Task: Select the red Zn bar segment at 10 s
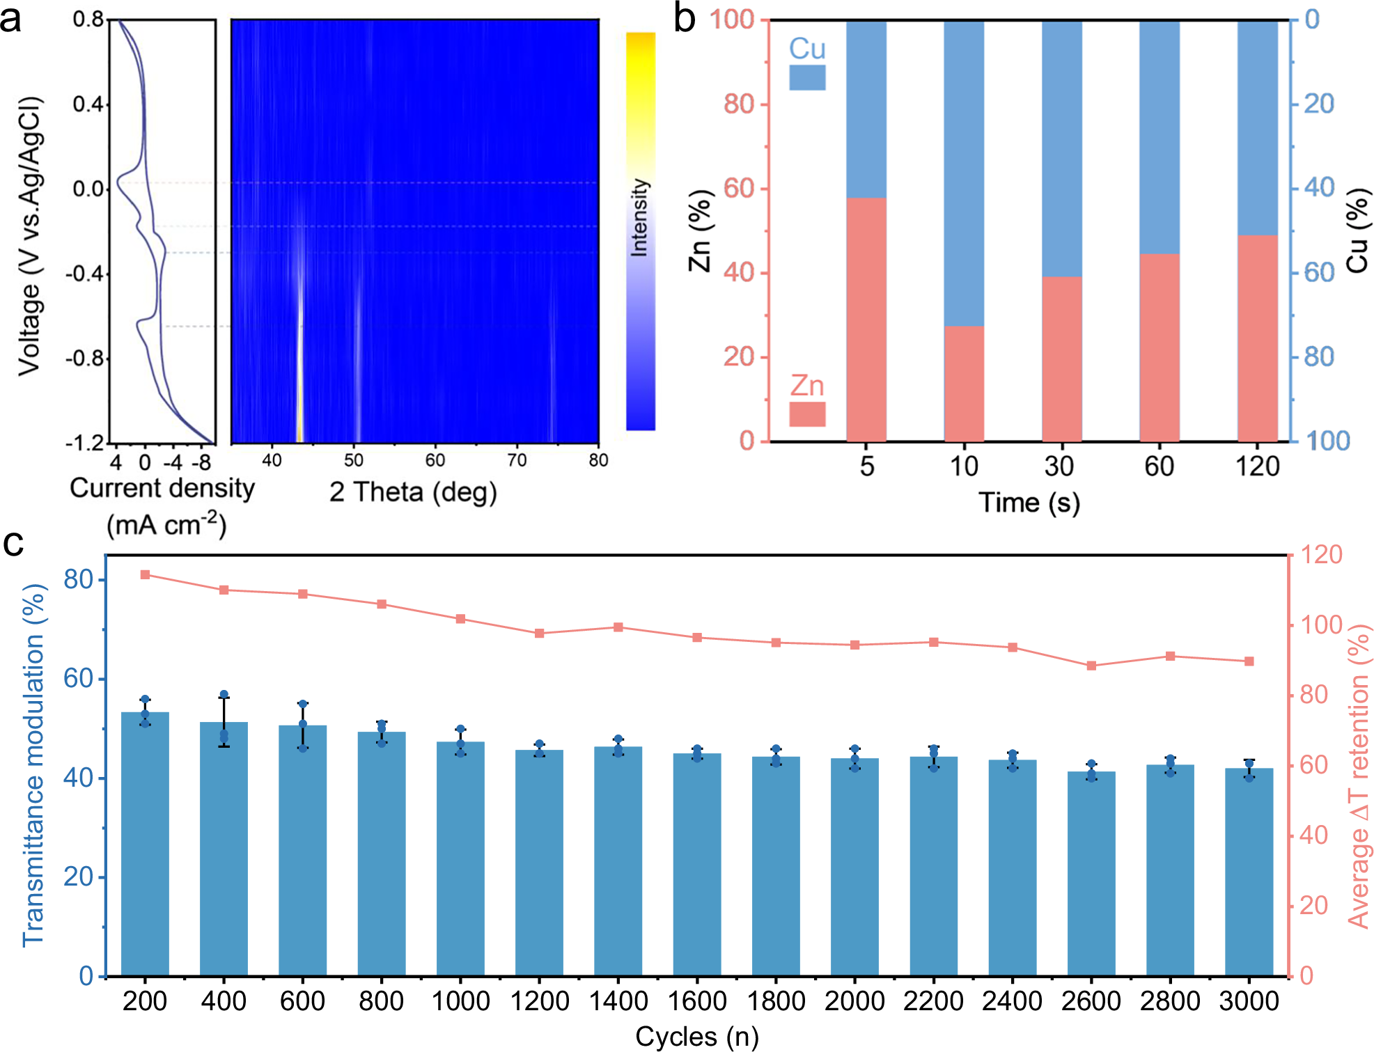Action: click(x=964, y=383)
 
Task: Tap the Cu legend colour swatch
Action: click(x=807, y=77)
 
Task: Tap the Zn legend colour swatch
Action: click(x=807, y=414)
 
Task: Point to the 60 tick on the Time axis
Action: click(x=1159, y=466)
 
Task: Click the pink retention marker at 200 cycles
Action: click(x=145, y=574)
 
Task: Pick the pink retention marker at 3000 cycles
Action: click(x=1249, y=661)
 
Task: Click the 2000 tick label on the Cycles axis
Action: click(x=854, y=1001)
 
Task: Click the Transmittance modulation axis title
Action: click(x=33, y=766)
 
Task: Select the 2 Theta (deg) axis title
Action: click(x=413, y=492)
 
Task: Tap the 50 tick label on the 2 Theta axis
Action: click(x=354, y=460)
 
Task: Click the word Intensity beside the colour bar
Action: click(x=639, y=218)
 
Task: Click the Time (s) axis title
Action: click(x=1029, y=503)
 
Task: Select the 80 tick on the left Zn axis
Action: click(x=738, y=104)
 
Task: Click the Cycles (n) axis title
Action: click(x=696, y=1037)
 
